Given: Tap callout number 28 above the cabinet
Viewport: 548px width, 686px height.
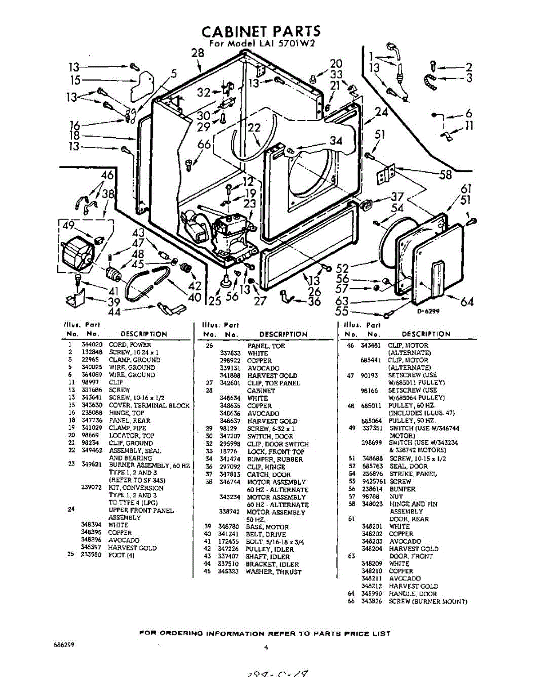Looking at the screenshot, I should tap(197, 53).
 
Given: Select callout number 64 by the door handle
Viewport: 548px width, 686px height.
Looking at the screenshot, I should tap(467, 301).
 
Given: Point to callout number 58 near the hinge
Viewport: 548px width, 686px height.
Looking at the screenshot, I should tap(445, 175).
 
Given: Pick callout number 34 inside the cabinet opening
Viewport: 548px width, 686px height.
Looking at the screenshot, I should tap(336, 141).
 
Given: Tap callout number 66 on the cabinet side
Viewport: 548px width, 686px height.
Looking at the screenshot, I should tap(204, 145).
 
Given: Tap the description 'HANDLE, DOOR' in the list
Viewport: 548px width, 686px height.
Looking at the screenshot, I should tap(412, 594).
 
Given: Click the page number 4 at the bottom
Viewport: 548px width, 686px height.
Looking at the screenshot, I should tap(267, 647).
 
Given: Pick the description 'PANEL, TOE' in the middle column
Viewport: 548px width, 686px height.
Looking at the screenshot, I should tap(266, 346).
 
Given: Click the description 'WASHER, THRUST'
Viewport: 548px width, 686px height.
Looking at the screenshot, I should tap(273, 572).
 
